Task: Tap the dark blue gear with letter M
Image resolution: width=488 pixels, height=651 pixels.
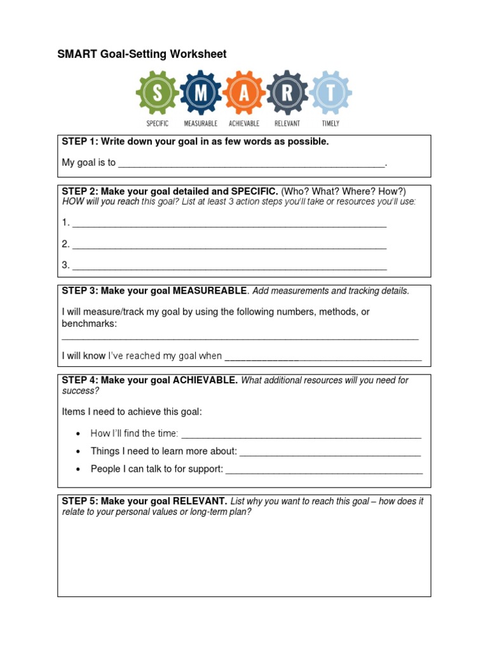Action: (x=201, y=93)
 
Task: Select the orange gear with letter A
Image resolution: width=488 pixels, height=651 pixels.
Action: (x=244, y=93)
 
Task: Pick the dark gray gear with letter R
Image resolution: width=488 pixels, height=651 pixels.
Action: (x=287, y=93)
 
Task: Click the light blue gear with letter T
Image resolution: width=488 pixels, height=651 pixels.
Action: (x=330, y=93)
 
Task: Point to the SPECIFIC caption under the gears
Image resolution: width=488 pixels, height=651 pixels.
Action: (x=158, y=123)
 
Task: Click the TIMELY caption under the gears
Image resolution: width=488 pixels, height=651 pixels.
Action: (x=330, y=123)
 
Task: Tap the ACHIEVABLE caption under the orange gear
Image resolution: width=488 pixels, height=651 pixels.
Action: (x=244, y=123)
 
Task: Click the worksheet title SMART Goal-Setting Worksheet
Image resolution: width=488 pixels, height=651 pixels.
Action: (x=142, y=55)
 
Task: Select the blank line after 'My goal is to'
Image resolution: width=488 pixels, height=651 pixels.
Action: (x=252, y=164)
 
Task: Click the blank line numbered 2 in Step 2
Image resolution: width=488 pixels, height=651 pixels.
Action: (x=229, y=245)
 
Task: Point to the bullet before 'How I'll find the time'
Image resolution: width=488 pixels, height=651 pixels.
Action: (x=78, y=434)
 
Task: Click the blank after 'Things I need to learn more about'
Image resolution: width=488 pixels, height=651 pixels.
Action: (x=330, y=453)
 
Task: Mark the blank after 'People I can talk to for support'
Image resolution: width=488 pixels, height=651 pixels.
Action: (x=324, y=470)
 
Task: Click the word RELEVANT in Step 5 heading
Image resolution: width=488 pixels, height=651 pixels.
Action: (x=200, y=501)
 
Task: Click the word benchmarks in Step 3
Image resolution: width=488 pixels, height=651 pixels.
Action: (x=89, y=324)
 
